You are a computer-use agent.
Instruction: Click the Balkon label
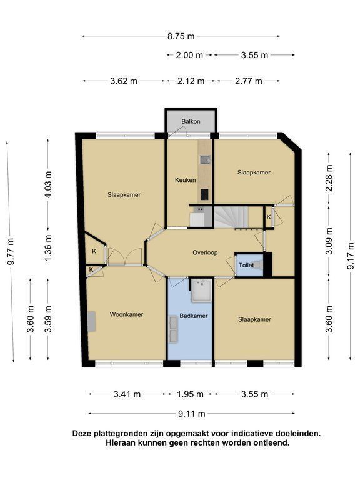click(191, 121)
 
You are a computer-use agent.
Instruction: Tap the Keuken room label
click(185, 180)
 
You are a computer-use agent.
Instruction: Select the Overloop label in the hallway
click(205, 252)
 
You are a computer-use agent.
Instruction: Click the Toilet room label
click(246, 266)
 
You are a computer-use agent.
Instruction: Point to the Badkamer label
click(194, 316)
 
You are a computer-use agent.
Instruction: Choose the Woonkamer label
click(126, 314)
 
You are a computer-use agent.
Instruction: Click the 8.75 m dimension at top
click(181, 36)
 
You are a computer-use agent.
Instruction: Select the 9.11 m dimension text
click(192, 414)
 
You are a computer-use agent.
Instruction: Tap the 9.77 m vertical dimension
click(11, 251)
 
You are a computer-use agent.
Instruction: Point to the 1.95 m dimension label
click(190, 394)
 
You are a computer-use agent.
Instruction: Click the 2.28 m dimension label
click(329, 178)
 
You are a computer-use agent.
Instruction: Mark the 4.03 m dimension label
click(48, 184)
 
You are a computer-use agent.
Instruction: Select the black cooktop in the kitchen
click(204, 194)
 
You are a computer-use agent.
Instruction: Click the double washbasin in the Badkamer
click(174, 330)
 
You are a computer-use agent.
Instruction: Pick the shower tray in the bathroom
click(201, 291)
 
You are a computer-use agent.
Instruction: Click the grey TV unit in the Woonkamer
click(92, 321)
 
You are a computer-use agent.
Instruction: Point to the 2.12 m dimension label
click(191, 81)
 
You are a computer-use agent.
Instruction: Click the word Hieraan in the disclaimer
click(121, 442)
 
